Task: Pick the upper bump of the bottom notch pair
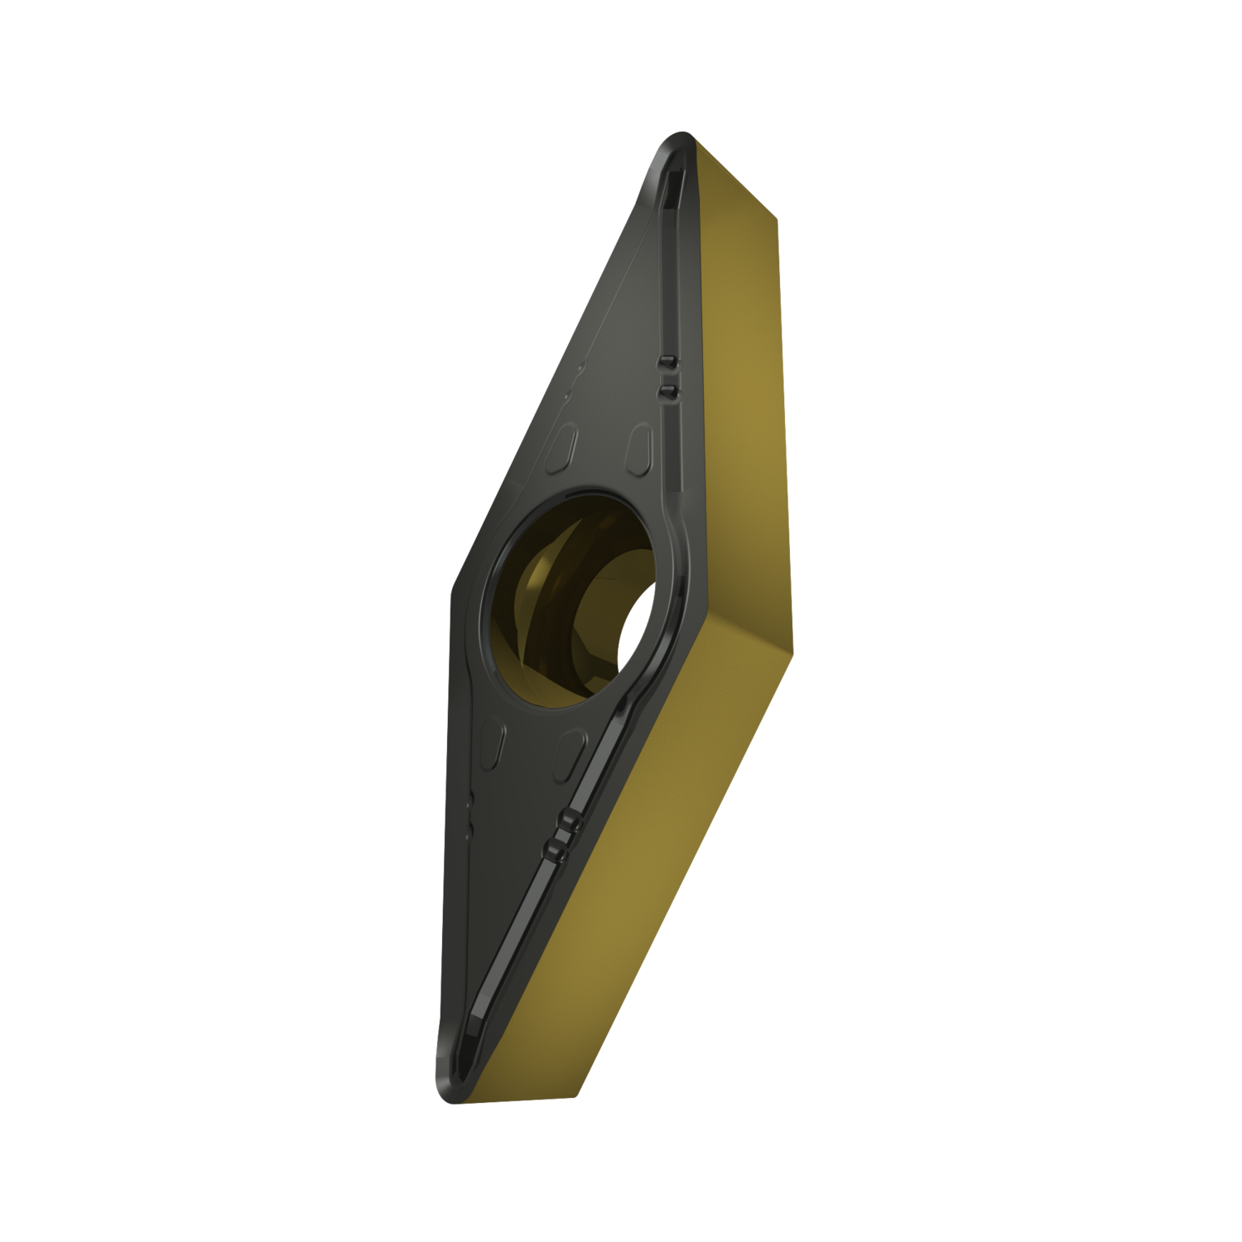pos(566,821)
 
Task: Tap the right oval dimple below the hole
pos(567,745)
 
